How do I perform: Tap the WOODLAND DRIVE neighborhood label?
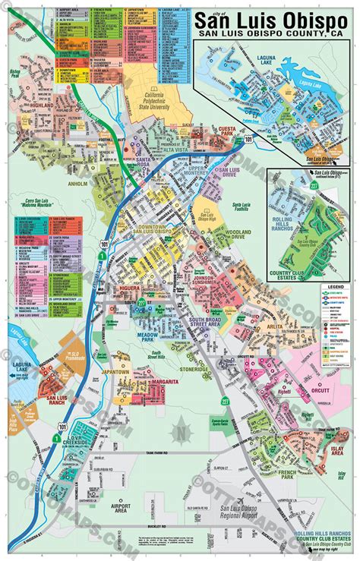(x=228, y=235)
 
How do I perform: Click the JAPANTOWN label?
(x=117, y=373)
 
